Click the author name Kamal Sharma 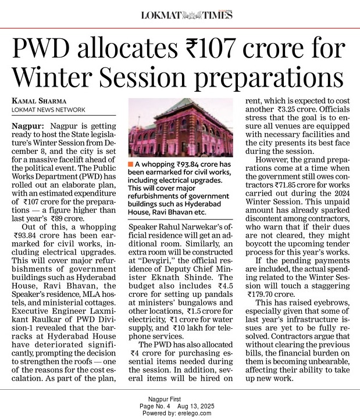coord(40,101)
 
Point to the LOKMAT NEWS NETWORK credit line coord(48,110)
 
